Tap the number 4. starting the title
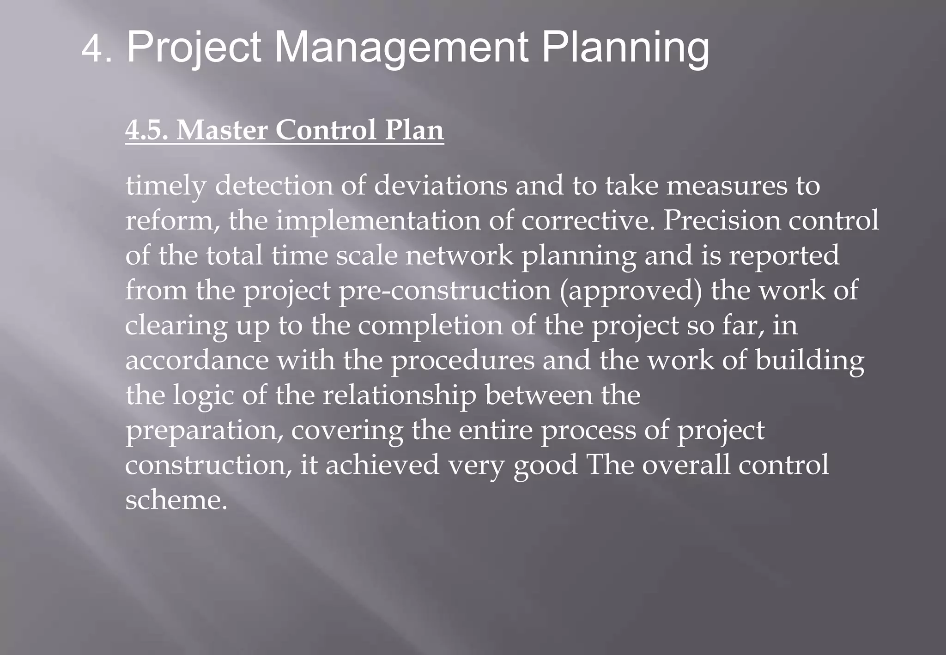click(97, 49)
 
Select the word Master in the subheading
click(222, 130)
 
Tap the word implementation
click(378, 221)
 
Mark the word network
click(459, 255)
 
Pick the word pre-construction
click(444, 291)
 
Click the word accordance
click(197, 360)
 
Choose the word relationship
click(399, 396)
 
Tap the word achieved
click(382, 465)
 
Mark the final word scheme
click(176, 500)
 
